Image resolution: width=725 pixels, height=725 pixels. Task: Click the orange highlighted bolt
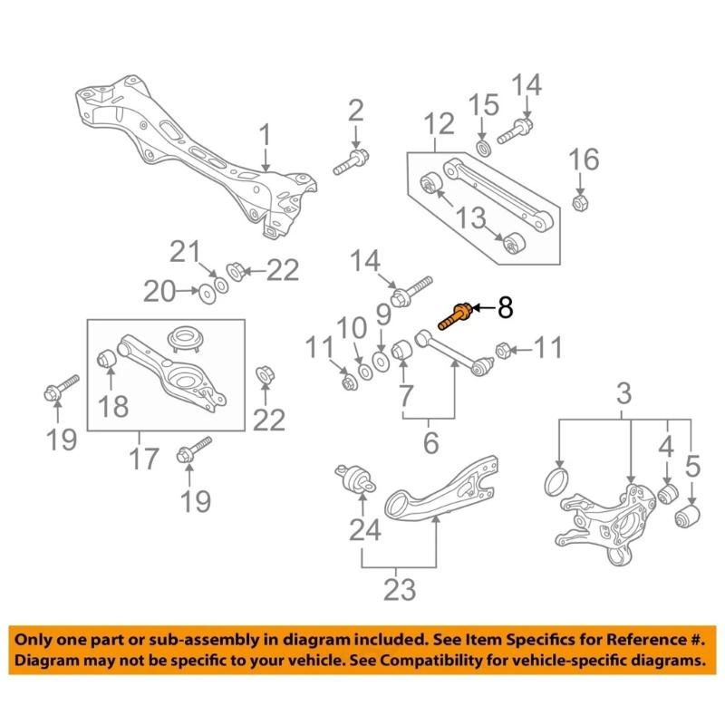pyautogui.click(x=454, y=316)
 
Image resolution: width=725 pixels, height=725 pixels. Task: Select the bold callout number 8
pyautogui.click(x=504, y=308)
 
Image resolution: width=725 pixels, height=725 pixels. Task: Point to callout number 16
pyautogui.click(x=584, y=161)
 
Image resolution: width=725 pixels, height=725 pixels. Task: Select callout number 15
pyautogui.click(x=483, y=102)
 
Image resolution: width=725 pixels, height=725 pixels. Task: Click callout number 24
pyautogui.click(x=366, y=528)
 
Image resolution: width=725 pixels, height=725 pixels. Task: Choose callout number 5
pyautogui.click(x=692, y=468)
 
